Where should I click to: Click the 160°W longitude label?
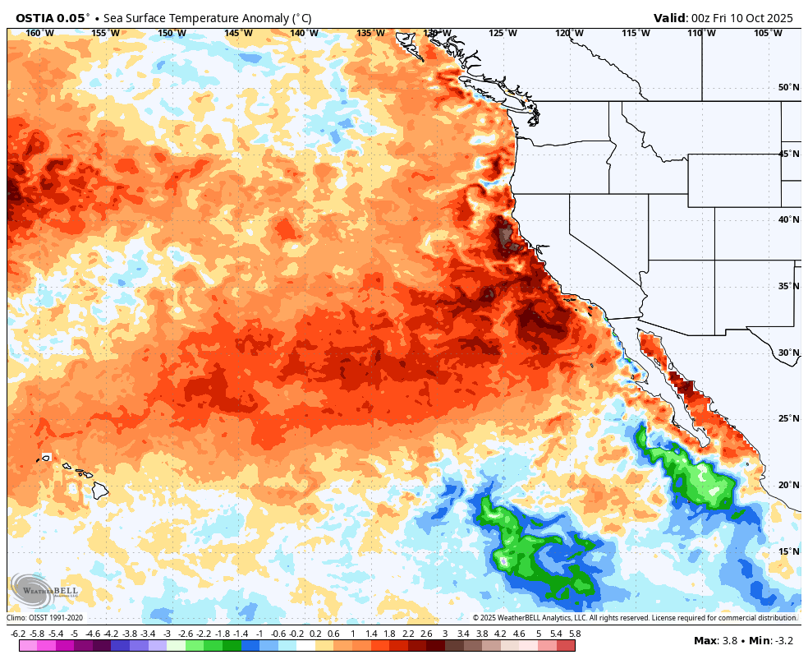coord(39,33)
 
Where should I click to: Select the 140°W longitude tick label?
coord(304,33)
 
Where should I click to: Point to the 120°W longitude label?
coord(569,33)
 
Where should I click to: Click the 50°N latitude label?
coord(788,88)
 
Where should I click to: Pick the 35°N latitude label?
coord(788,286)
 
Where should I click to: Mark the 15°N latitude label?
coord(788,551)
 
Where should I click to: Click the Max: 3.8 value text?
coord(715,640)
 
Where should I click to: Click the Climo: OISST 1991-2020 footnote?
coord(45,618)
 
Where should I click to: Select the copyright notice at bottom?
coord(635,618)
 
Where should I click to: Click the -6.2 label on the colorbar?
coord(18,634)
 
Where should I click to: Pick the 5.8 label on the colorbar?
coord(575,634)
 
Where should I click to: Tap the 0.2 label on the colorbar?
coord(315,634)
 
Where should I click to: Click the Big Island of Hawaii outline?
coord(99,491)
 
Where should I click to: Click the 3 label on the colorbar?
coord(445,634)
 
